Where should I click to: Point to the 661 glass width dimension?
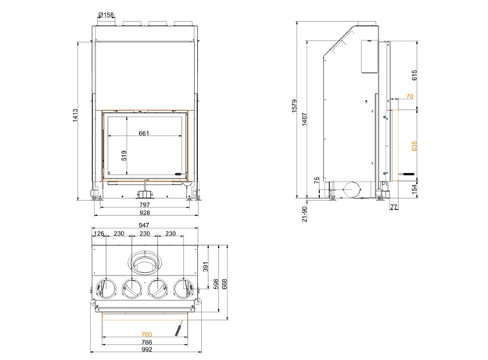click(144, 133)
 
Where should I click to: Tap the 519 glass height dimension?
click(124, 156)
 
